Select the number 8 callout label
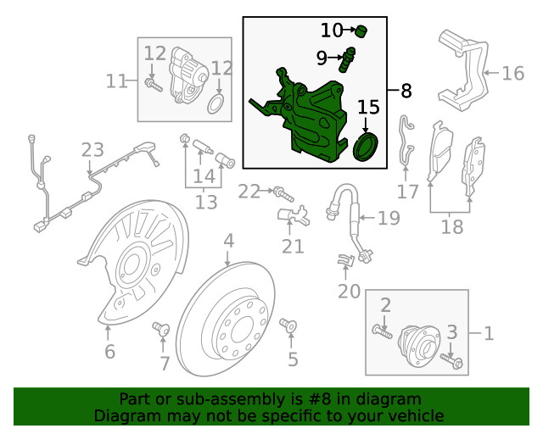click(x=405, y=89)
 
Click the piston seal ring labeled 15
click(x=364, y=147)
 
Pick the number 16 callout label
click(x=512, y=73)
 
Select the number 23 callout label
click(x=92, y=151)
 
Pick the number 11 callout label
click(x=116, y=81)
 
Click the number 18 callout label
click(x=451, y=227)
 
